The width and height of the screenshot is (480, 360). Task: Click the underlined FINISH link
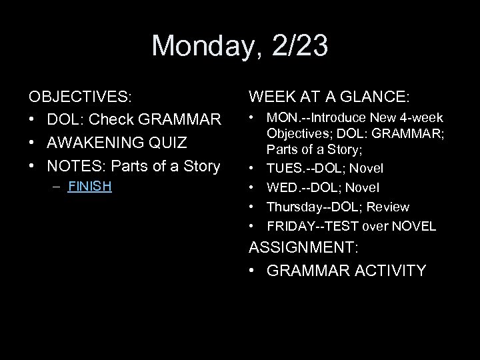click(90, 187)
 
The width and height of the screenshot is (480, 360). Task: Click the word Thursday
click(292, 207)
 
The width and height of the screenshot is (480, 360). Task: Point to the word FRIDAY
click(288, 226)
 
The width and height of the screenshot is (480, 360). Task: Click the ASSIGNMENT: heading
click(303, 247)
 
